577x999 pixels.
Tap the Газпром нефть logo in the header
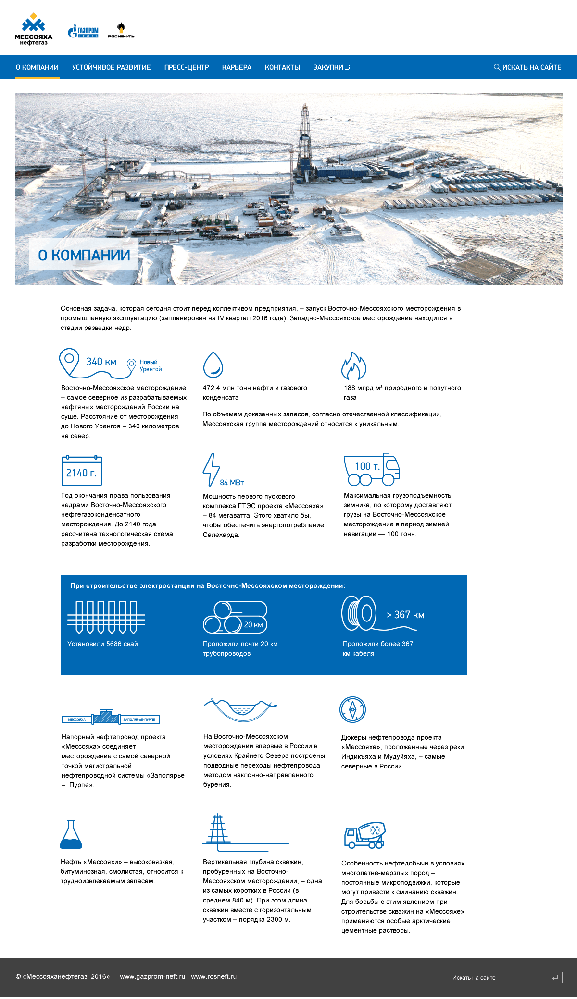coord(83,31)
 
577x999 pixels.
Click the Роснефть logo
coord(121,31)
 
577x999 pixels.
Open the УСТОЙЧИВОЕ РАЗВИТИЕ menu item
coord(112,67)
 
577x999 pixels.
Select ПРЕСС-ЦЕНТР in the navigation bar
coord(187,67)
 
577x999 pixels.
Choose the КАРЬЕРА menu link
coord(237,67)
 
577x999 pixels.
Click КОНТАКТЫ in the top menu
coord(282,67)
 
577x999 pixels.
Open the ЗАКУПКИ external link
coord(331,67)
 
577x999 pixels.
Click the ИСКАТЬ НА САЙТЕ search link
coord(527,67)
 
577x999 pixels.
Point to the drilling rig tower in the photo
coord(304,139)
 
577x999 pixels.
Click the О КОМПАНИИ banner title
coord(84,255)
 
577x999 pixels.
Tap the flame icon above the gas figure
coord(353,366)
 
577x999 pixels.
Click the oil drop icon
coord(213,365)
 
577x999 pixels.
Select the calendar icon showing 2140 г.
coord(82,471)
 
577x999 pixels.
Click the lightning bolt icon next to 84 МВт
coord(211,469)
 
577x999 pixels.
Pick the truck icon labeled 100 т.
coord(371,469)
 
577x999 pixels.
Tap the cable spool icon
coord(359,613)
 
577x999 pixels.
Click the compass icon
coord(352,709)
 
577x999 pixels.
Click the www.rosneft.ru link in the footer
coord(214,976)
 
